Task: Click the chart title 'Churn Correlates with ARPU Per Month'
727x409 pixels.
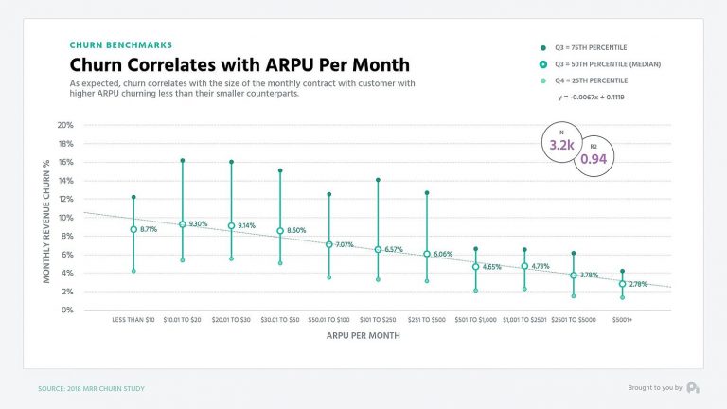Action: point(239,64)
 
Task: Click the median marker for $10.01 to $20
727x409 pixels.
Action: point(182,224)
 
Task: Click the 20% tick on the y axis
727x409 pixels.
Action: point(64,125)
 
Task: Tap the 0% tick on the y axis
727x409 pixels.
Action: point(66,310)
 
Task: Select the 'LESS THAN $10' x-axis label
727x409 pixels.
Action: point(133,321)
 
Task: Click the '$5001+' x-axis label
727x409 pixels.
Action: point(622,321)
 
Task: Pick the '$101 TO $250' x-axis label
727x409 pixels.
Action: point(378,321)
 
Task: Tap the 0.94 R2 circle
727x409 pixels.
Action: point(593,158)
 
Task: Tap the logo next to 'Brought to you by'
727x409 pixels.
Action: point(693,387)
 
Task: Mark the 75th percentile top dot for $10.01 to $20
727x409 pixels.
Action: point(182,160)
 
